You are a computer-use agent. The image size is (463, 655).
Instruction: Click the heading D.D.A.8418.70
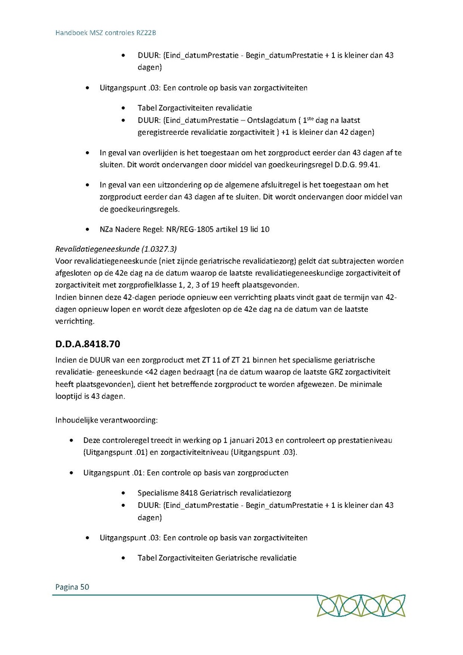tap(88, 343)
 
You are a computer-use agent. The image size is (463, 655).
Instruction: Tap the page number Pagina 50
tap(72, 586)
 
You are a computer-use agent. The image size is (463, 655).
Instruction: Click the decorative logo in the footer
tap(361, 606)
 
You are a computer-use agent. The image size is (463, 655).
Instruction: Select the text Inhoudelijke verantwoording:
tap(106, 420)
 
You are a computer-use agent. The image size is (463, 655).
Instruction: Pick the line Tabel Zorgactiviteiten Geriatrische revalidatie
tap(217, 558)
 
